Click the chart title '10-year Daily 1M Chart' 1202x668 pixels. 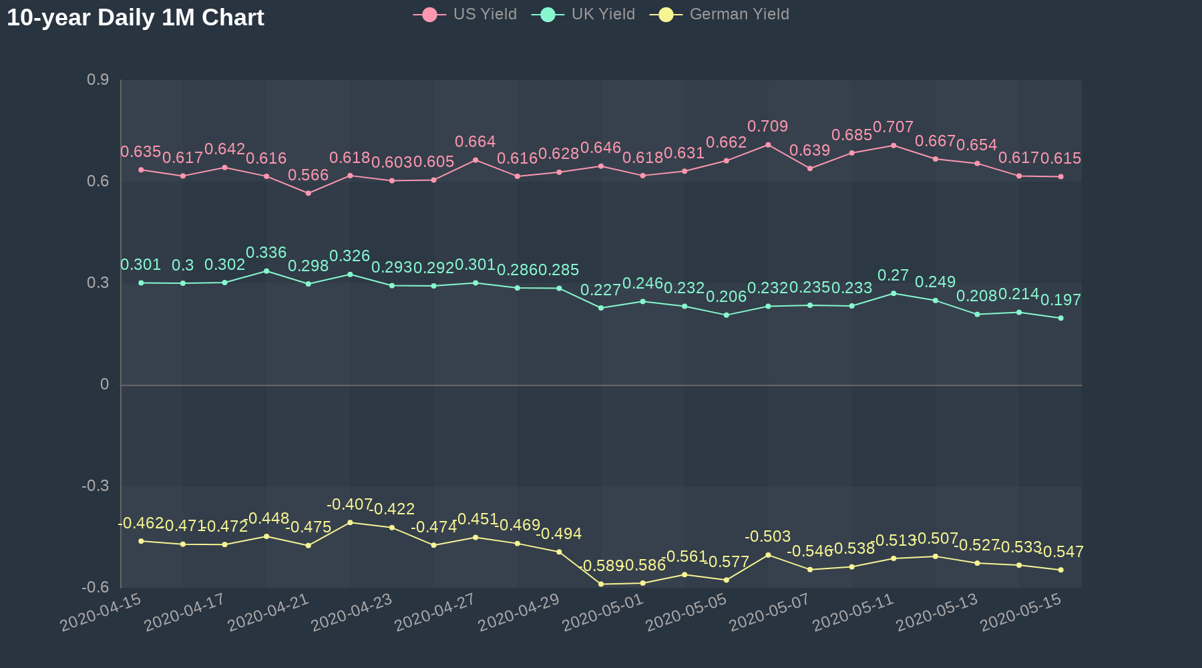[x=136, y=17]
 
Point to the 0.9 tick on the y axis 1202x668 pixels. [x=98, y=80]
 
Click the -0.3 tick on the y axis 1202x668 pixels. [x=95, y=486]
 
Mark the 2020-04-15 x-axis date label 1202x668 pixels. [x=101, y=612]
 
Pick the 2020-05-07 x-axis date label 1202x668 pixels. [x=769, y=612]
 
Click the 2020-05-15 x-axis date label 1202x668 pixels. [x=1020, y=612]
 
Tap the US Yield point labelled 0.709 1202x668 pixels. [x=768, y=145]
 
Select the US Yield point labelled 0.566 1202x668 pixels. [x=308, y=193]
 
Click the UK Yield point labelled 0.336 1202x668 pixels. [x=266, y=271]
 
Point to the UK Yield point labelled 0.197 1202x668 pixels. [x=1060, y=318]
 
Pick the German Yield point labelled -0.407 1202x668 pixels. [x=350, y=522]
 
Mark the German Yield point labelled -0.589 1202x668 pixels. [x=601, y=584]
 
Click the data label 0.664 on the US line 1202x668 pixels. [x=475, y=142]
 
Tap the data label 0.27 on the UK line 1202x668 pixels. [x=893, y=275]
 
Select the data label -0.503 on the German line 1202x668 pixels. [x=768, y=536]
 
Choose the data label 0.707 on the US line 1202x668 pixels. [x=893, y=127]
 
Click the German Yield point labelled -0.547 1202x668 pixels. [x=1060, y=570]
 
